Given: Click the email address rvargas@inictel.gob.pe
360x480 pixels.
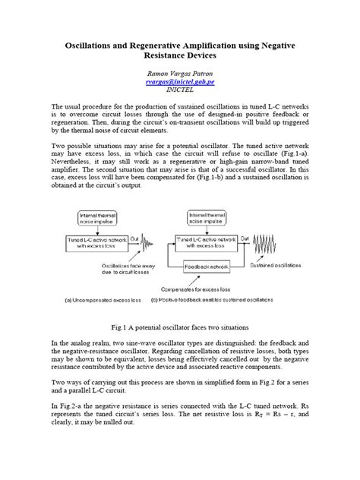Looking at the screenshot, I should (180, 80).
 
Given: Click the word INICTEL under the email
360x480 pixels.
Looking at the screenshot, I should (180, 88).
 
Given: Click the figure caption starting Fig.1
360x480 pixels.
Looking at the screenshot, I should (180, 326).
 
